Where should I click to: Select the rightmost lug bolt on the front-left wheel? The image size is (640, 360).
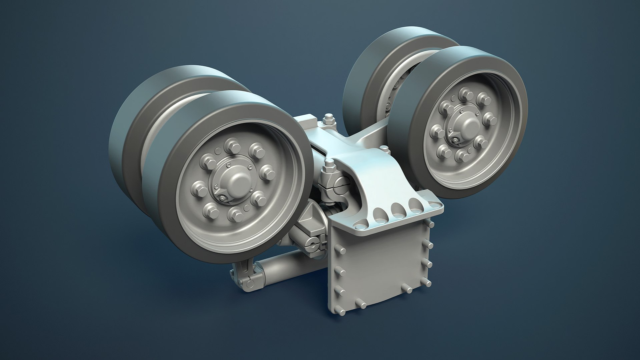267,173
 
